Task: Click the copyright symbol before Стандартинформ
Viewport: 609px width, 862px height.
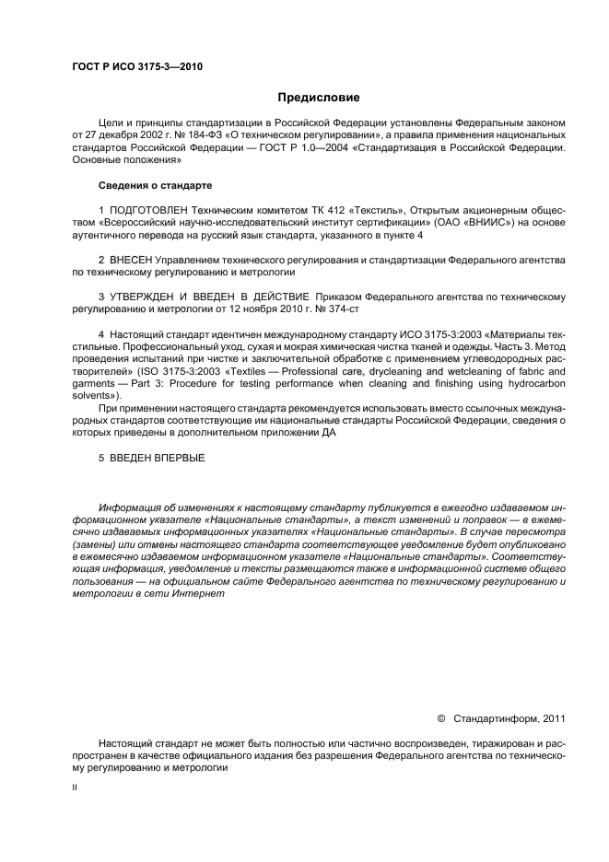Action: (440, 717)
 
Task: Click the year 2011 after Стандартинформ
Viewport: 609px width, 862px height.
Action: (554, 717)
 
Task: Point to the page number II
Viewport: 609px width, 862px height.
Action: (75, 788)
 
